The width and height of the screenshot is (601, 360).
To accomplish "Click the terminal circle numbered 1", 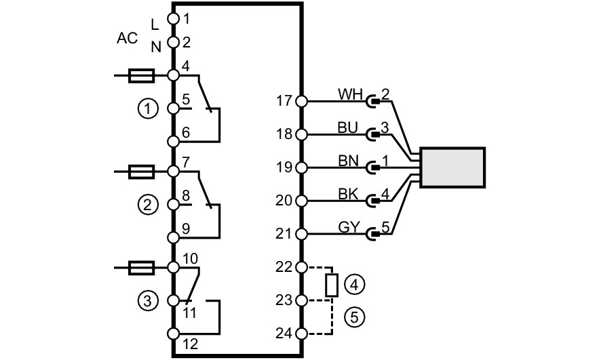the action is coord(173,18).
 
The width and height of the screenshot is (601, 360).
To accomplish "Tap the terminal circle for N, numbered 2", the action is coord(173,41).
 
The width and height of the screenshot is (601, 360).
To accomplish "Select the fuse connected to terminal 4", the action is coord(142,75).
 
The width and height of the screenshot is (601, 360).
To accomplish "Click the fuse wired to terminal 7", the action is coord(142,172).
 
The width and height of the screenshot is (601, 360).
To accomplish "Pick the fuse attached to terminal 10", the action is coord(142,267).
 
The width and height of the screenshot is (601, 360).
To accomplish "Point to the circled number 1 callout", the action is coord(148,109).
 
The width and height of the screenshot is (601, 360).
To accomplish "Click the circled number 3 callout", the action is coord(148,301).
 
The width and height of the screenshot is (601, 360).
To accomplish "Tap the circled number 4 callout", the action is coord(354,285).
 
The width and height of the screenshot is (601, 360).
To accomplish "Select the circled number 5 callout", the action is coord(354,317).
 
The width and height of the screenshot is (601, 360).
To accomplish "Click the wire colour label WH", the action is coord(350,94).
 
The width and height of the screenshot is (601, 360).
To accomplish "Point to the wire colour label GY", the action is coord(349,227).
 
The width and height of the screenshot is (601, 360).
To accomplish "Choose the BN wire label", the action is coord(348,161).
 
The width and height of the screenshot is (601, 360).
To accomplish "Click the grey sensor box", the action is coord(452,167).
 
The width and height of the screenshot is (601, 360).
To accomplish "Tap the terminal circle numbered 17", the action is coord(302,101).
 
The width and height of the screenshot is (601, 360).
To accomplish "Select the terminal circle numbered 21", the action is coord(302,234).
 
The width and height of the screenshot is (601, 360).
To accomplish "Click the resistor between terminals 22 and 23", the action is coord(332,285).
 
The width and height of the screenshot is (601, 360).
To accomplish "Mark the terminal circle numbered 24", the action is coord(302,333).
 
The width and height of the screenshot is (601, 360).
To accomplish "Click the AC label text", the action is coord(127,38).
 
